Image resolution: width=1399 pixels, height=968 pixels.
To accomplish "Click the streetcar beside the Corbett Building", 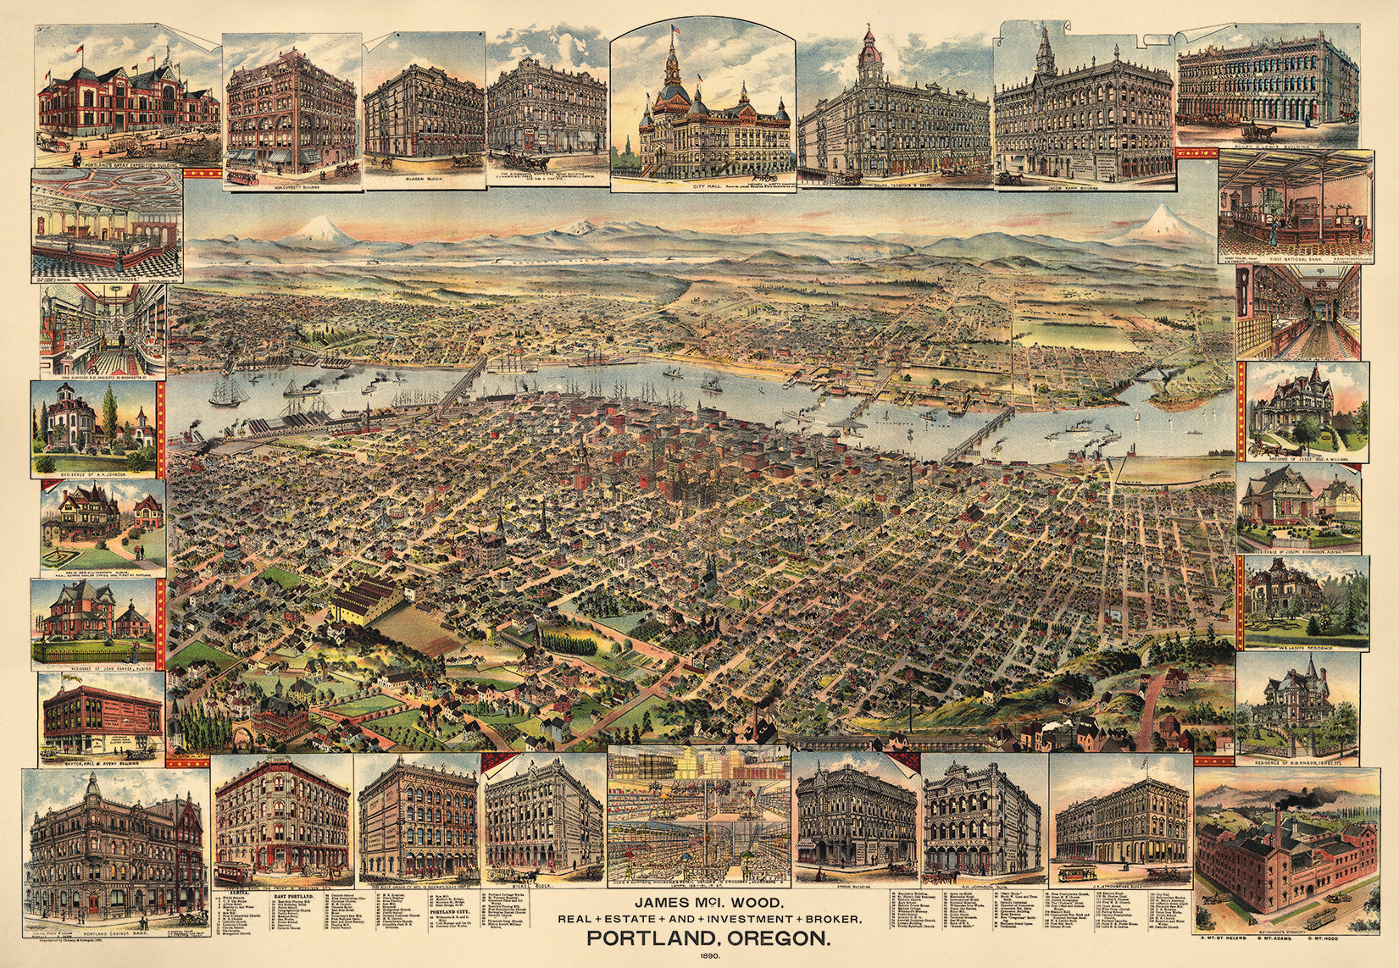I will [241, 175].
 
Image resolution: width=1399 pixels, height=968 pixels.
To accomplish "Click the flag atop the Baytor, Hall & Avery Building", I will [64, 679].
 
